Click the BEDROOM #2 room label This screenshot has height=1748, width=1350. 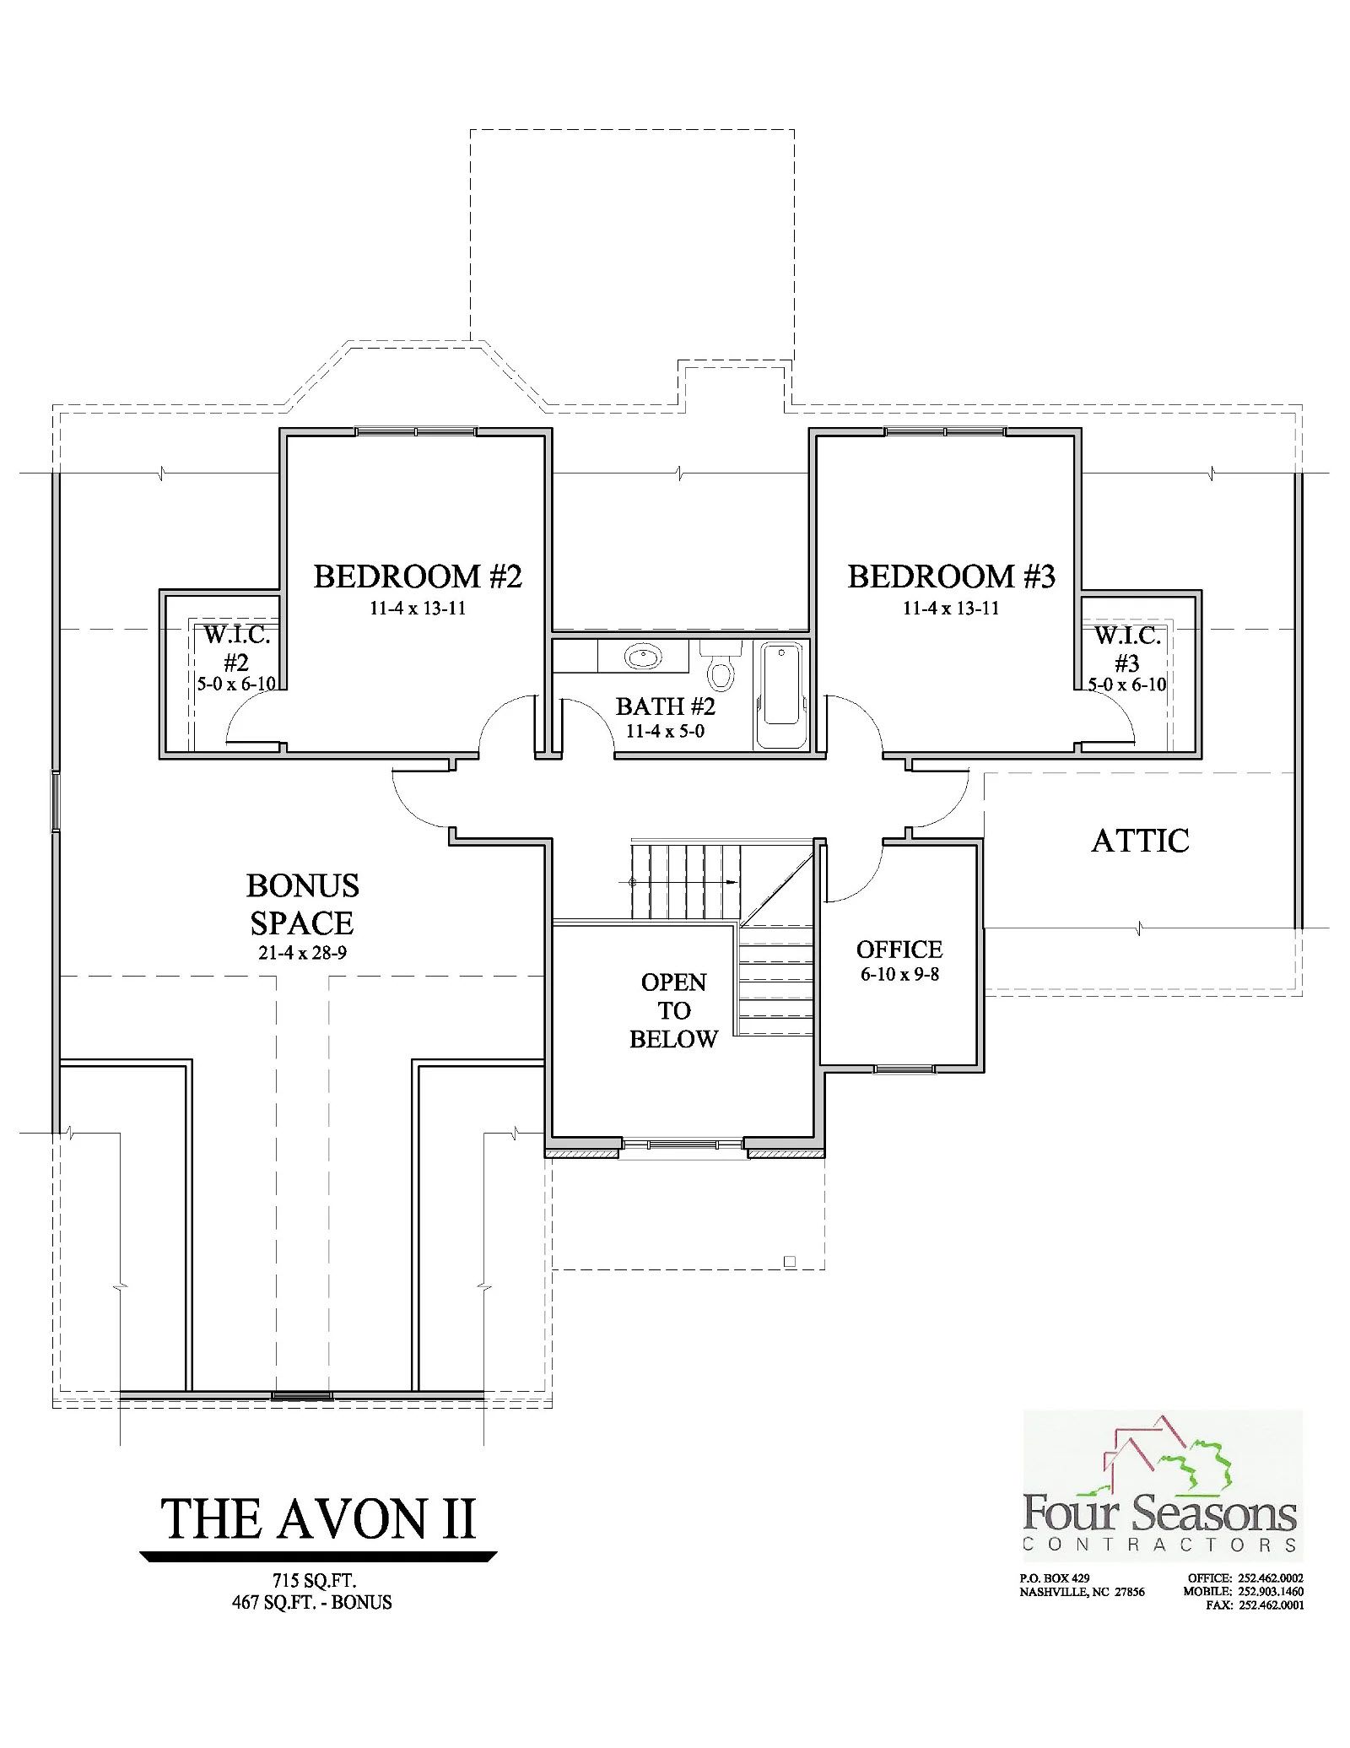(x=418, y=577)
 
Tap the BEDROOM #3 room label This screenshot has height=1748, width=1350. (x=951, y=577)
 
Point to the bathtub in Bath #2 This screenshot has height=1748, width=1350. (x=782, y=695)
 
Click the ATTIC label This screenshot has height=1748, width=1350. (x=1140, y=841)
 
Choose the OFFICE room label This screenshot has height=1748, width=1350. (x=899, y=950)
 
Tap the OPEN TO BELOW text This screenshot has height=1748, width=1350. (x=673, y=1010)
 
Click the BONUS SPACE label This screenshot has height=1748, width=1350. (x=302, y=904)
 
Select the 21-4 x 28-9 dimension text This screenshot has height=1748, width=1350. (x=303, y=954)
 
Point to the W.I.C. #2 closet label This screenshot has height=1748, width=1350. (x=236, y=648)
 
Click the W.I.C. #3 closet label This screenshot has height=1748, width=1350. (x=1127, y=648)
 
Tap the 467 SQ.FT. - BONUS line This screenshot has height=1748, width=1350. (x=312, y=1602)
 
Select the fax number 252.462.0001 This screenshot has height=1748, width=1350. (x=1271, y=1605)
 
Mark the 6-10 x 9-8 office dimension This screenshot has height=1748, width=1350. (x=899, y=974)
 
